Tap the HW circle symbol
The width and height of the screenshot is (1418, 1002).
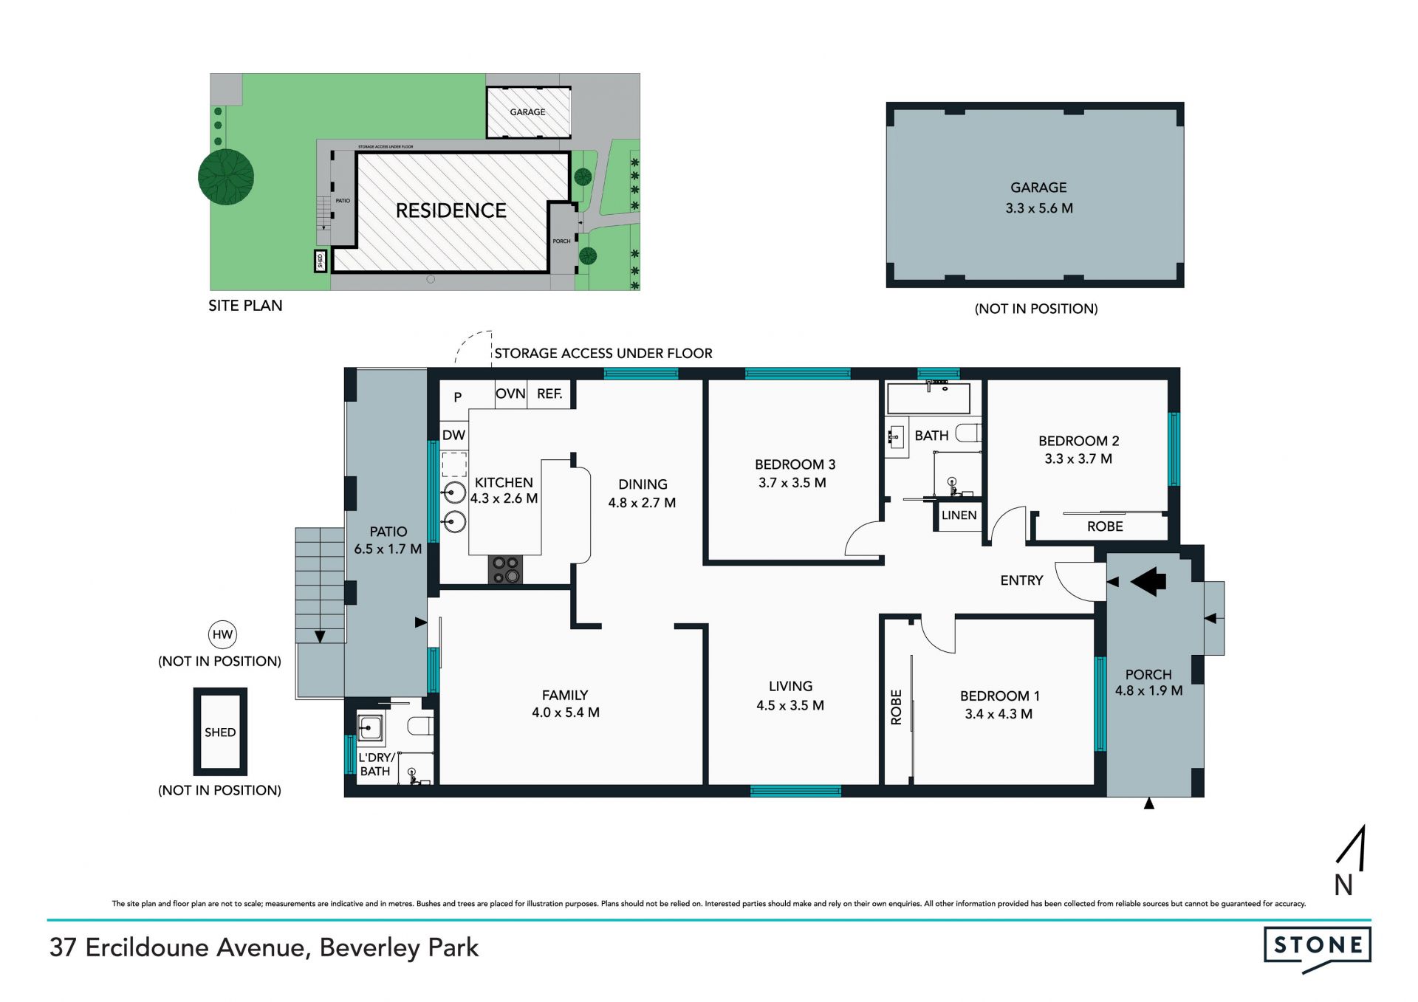[222, 634]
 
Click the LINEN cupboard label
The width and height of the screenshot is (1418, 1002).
[959, 515]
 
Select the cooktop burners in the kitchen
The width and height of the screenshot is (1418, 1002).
[505, 569]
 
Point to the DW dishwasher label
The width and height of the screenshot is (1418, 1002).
[453, 435]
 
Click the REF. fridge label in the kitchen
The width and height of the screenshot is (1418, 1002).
[549, 394]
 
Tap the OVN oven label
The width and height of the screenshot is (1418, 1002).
[510, 394]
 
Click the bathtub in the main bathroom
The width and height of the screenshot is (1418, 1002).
[928, 398]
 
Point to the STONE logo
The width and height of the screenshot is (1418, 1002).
[1318, 949]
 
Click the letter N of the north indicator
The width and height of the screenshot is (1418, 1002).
[1343, 885]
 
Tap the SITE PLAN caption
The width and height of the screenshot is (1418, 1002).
[245, 306]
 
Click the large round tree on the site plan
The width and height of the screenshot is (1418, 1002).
[226, 177]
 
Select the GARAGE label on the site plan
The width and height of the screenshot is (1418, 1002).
[527, 112]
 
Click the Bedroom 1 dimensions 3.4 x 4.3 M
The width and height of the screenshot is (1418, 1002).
[999, 714]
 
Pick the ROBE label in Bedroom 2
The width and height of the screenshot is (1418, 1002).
[1105, 526]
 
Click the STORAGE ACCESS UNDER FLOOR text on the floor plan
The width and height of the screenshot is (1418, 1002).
[603, 354]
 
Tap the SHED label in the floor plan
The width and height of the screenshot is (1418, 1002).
[220, 732]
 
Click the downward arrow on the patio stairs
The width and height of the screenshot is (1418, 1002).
[320, 636]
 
